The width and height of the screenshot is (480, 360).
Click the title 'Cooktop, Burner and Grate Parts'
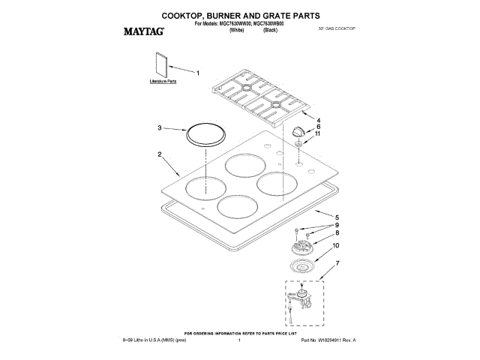[240, 14]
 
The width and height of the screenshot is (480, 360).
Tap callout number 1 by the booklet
[198, 73]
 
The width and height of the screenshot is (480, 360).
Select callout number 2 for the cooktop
[159, 154]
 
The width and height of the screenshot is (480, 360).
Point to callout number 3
[159, 128]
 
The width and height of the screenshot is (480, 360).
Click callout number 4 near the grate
[317, 120]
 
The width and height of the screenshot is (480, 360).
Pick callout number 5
[315, 217]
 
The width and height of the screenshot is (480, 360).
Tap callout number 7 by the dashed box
[316, 262]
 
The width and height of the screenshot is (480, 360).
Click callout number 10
[316, 245]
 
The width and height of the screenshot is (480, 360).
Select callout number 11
[317, 133]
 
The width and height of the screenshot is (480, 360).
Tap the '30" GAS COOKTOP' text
[336, 28]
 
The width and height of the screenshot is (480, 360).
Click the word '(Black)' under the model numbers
[271, 30]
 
